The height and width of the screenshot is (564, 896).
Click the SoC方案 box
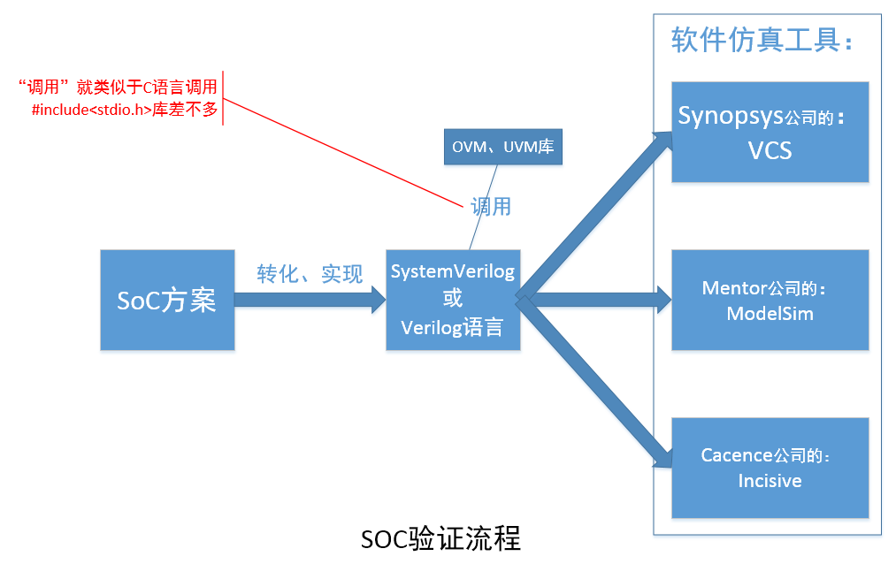coord(167,300)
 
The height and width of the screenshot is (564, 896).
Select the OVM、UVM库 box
coord(502,147)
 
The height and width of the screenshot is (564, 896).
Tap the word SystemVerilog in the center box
coord(452,271)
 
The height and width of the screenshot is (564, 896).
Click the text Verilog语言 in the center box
coord(452,328)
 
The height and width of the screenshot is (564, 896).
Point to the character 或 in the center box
coord(452,300)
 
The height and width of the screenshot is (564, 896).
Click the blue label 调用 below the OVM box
coord(490,207)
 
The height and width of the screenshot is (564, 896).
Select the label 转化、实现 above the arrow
coord(310,274)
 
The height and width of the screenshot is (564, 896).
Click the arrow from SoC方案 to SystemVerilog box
coord(310,300)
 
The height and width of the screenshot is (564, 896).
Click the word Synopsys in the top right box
coord(731,116)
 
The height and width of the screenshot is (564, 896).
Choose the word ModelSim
coord(770,314)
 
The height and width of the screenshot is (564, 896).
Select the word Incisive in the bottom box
coord(770,481)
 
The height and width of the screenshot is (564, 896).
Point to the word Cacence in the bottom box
coord(736,455)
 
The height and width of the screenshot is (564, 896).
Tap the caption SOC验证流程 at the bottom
coord(440,538)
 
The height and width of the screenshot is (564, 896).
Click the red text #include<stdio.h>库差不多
coord(124,111)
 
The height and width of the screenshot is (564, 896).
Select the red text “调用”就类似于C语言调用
coord(117,87)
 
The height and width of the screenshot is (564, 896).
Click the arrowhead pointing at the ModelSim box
coord(664,300)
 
